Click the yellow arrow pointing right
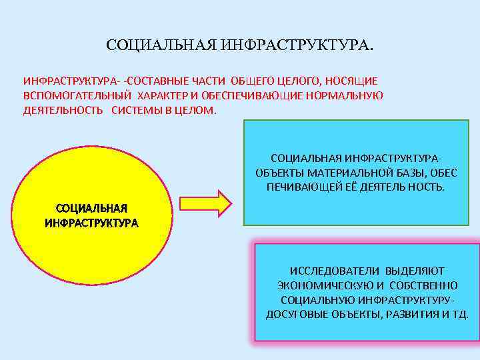pos(203,203)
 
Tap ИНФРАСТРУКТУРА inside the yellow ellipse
pos(91,223)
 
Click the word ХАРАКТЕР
pos(167,95)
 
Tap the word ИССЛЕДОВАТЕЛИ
pos(327,271)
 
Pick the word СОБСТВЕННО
pos(418,285)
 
